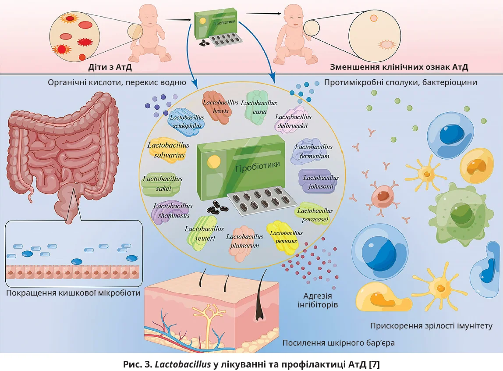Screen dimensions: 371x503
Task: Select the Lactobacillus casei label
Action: click(x=259, y=107)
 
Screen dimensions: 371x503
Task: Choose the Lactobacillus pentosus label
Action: click(x=286, y=237)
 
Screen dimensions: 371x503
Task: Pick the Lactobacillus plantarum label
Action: click(x=244, y=241)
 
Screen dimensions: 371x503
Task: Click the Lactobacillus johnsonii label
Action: click(x=321, y=182)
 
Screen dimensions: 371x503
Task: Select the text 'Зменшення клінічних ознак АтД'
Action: click(x=399, y=68)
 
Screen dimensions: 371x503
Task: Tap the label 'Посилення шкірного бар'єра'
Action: click(x=338, y=342)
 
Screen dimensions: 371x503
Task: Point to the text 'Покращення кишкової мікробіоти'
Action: click(x=74, y=293)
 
